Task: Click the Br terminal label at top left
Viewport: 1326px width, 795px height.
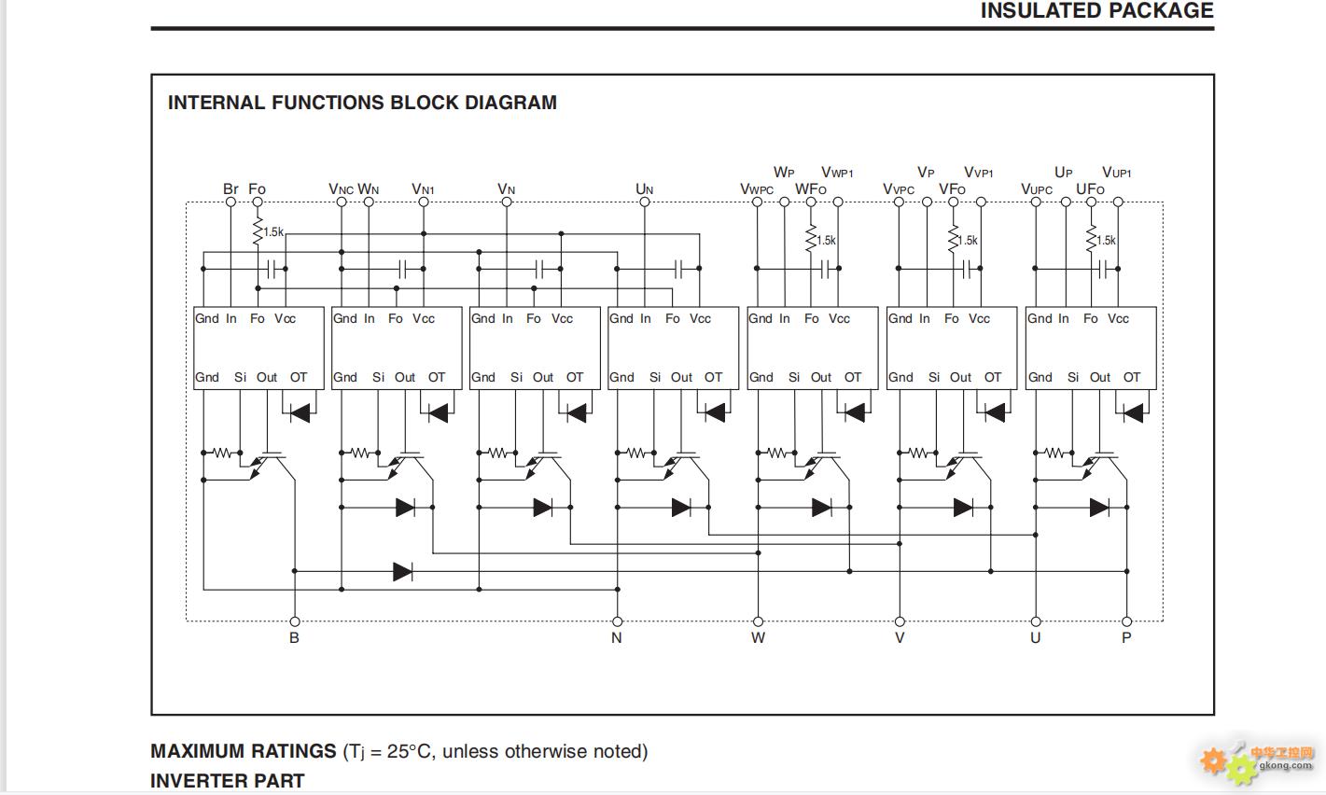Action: point(230,188)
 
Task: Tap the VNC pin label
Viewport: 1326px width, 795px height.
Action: point(341,189)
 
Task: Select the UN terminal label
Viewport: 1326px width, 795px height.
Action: point(644,189)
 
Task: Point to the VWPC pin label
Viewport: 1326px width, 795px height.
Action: point(757,189)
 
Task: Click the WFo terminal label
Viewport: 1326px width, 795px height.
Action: point(810,189)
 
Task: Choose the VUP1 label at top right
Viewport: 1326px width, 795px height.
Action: point(1116,173)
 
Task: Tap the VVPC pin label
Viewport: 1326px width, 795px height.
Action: point(899,189)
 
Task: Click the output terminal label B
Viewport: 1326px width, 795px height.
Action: point(294,638)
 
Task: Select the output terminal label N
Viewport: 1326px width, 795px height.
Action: point(616,638)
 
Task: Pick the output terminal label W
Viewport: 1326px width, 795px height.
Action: point(758,638)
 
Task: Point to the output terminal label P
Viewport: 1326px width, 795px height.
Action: point(1126,638)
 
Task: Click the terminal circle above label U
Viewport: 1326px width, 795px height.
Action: point(1036,621)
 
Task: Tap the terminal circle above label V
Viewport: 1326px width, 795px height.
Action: point(900,621)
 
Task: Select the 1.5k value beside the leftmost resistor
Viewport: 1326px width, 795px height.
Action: point(273,232)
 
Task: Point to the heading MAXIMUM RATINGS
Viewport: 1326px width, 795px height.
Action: point(244,751)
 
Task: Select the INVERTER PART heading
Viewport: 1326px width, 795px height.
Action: point(228,781)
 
